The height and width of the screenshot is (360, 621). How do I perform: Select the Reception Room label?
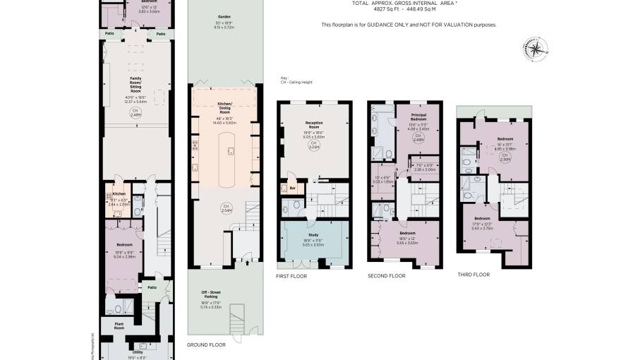(x=314, y=124)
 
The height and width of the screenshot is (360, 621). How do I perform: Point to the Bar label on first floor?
(x=292, y=188)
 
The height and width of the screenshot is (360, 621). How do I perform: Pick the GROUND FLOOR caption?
(x=206, y=345)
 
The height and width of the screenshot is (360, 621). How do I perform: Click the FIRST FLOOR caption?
(x=291, y=276)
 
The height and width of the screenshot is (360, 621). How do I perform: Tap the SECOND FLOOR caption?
(x=387, y=276)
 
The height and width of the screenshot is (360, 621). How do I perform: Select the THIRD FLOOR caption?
(x=474, y=275)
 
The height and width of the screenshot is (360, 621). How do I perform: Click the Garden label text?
(x=224, y=16)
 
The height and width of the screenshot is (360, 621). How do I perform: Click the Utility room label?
(x=137, y=352)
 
